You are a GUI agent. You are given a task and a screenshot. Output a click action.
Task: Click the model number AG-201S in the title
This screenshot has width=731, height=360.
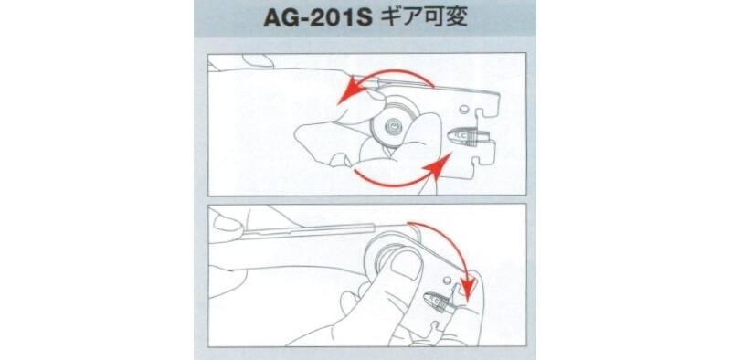click(x=317, y=19)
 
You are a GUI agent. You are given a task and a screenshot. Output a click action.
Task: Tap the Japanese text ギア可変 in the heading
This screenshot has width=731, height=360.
click(x=423, y=18)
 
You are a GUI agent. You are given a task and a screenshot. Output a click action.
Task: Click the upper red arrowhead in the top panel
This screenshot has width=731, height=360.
click(x=350, y=91)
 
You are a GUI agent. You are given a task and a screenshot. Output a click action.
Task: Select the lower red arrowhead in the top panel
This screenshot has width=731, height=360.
click(x=439, y=165)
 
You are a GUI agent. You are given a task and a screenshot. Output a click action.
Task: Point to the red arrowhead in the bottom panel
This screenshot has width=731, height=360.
click(x=469, y=283)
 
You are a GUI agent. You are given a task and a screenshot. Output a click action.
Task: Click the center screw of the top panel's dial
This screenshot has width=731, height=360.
click(x=394, y=126)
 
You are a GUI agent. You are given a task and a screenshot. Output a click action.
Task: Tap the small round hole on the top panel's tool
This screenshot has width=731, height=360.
click(x=463, y=109)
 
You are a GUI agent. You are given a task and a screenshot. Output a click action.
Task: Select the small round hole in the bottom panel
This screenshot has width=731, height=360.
click(x=447, y=281)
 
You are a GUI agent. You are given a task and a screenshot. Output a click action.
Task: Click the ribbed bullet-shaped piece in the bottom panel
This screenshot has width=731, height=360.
click(x=440, y=303)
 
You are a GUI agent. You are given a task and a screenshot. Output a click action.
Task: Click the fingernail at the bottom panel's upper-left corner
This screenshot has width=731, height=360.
click(x=227, y=223)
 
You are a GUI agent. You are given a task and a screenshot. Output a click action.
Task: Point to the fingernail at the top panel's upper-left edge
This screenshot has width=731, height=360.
click(x=258, y=60)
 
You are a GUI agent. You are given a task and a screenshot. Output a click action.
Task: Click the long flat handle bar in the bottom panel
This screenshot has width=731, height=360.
click(x=308, y=231)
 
